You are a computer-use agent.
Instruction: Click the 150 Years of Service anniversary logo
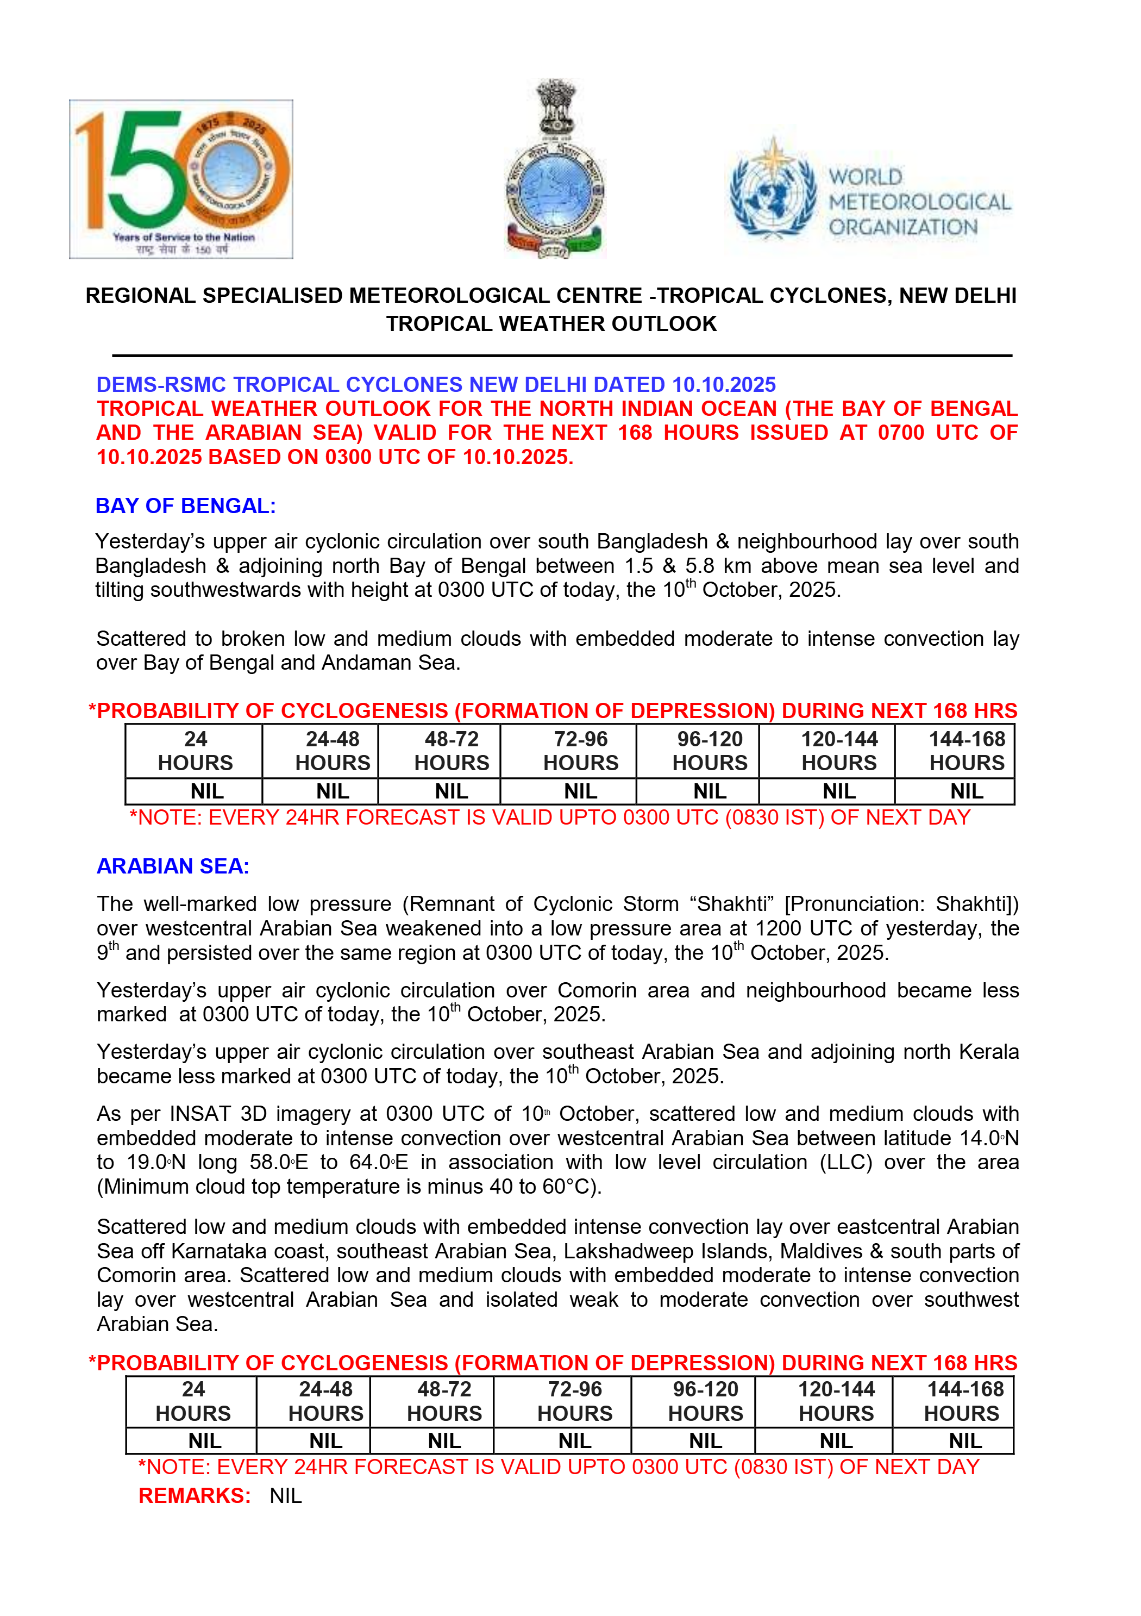[x=181, y=179]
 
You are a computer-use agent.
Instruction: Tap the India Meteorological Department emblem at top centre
[x=555, y=169]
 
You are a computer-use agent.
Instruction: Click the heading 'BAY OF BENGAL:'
[x=186, y=506]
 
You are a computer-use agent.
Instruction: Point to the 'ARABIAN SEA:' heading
[x=173, y=866]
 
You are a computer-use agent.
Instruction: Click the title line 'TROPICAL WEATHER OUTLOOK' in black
[x=551, y=324]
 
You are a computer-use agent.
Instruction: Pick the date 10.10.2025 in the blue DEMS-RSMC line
[x=724, y=384]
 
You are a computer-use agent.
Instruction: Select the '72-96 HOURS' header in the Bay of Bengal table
[x=580, y=751]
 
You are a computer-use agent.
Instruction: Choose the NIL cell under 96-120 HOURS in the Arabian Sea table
[x=706, y=1442]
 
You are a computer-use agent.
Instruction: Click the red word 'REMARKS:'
[x=194, y=1496]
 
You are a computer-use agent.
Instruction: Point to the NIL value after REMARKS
[x=286, y=1496]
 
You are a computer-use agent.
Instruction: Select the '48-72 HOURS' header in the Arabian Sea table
[x=444, y=1401]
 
